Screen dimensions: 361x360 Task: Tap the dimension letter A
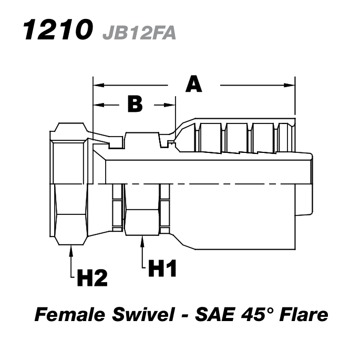(194, 84)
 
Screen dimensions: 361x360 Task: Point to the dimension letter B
(135, 105)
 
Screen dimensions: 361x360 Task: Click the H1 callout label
(162, 269)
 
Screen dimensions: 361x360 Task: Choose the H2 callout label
(92, 278)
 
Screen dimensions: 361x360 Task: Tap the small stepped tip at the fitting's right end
(310, 184)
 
